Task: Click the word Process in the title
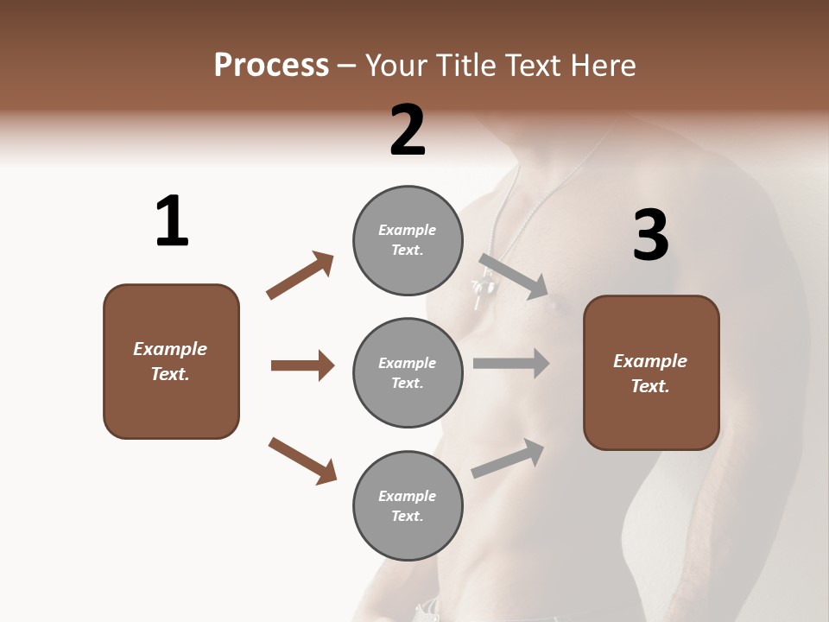point(271,66)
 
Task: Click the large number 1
point(172,222)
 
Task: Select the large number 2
point(408,130)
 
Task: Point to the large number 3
point(650,236)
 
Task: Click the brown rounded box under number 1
point(171,361)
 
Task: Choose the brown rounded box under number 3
point(651,372)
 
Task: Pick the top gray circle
point(408,239)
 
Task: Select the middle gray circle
point(408,372)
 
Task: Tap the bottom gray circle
point(408,505)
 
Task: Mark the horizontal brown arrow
point(302,365)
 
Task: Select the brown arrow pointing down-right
point(303,460)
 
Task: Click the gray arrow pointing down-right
point(515,276)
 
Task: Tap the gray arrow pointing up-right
point(509,458)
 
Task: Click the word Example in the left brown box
point(170,349)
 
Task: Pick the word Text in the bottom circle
point(406,517)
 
